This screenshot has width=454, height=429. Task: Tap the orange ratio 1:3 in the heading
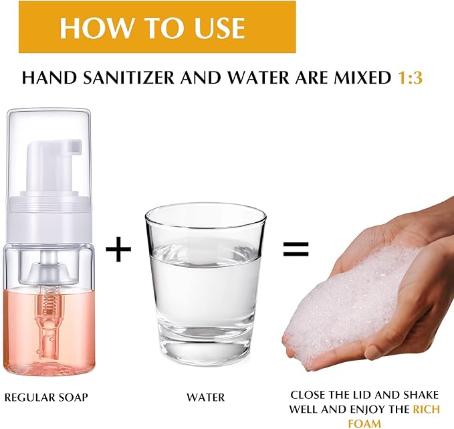[410, 78]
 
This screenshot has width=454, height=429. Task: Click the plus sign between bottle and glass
[119, 250]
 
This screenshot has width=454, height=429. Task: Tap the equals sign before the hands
[295, 250]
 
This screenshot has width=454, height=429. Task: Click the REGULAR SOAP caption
[46, 397]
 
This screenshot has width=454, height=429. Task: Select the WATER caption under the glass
[205, 397]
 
